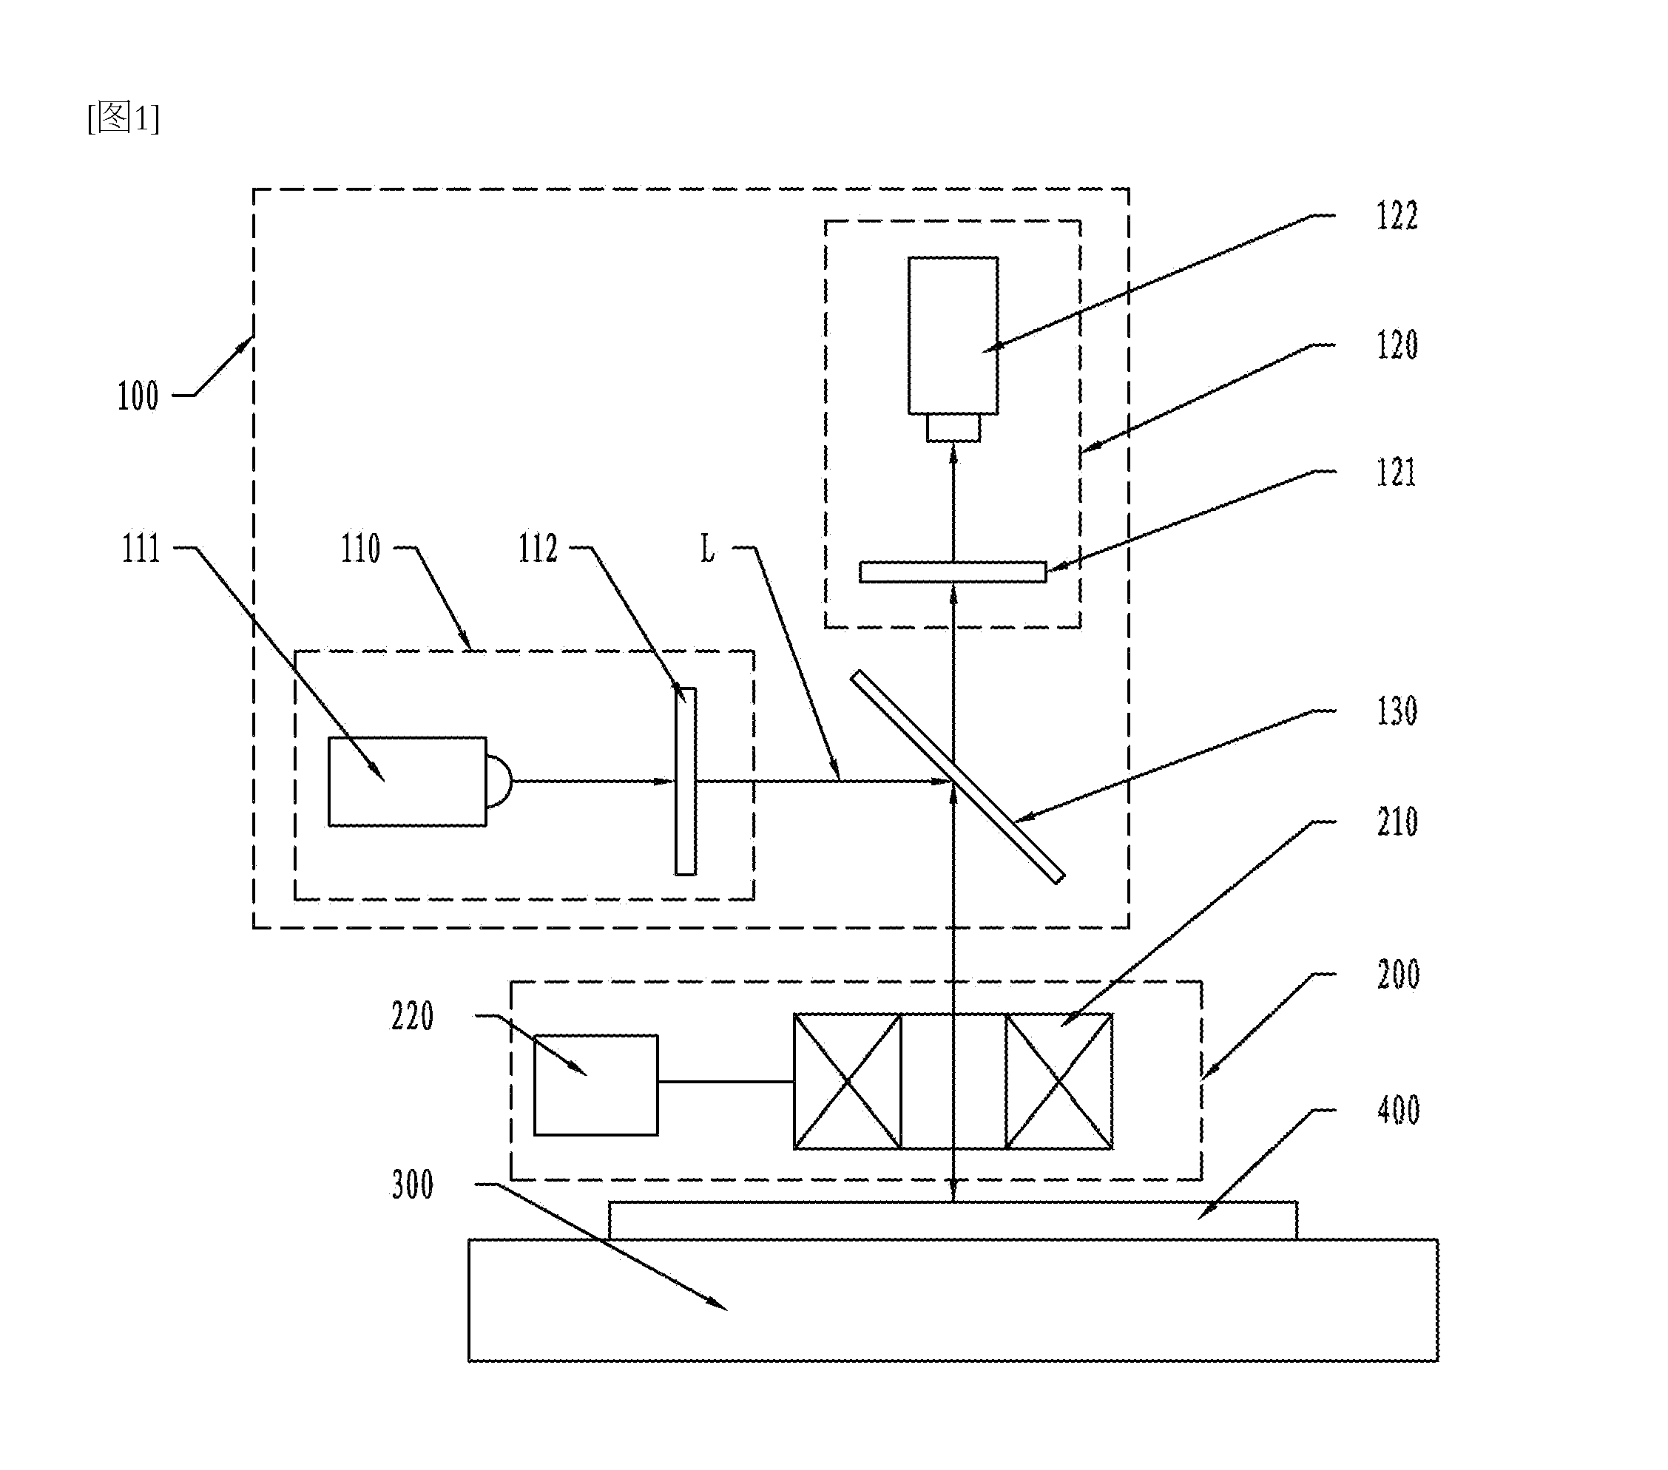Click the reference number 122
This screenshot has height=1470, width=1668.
coord(1397,216)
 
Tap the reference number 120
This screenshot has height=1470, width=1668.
coord(1397,345)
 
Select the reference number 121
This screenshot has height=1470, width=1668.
coord(1397,473)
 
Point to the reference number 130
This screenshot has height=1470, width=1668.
coord(1397,711)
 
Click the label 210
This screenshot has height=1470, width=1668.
coord(1397,822)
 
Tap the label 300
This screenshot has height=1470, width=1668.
coord(412,1185)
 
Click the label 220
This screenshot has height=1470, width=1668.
coord(412,1017)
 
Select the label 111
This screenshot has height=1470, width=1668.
coord(141,548)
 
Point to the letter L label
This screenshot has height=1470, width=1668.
coord(707,548)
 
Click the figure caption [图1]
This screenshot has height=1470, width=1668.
coord(124,118)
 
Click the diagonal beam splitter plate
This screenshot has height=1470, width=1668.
coord(957,776)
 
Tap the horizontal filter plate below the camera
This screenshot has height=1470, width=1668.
coord(952,572)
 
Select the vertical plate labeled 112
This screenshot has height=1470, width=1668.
coord(686,782)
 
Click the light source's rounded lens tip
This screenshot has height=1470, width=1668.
coord(499,782)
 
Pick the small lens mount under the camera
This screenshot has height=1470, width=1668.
coord(953,428)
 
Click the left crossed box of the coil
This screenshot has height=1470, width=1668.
coord(848,1082)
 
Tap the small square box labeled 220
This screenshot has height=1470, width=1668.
coord(595,1085)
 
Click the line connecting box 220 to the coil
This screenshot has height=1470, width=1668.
coord(726,1082)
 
